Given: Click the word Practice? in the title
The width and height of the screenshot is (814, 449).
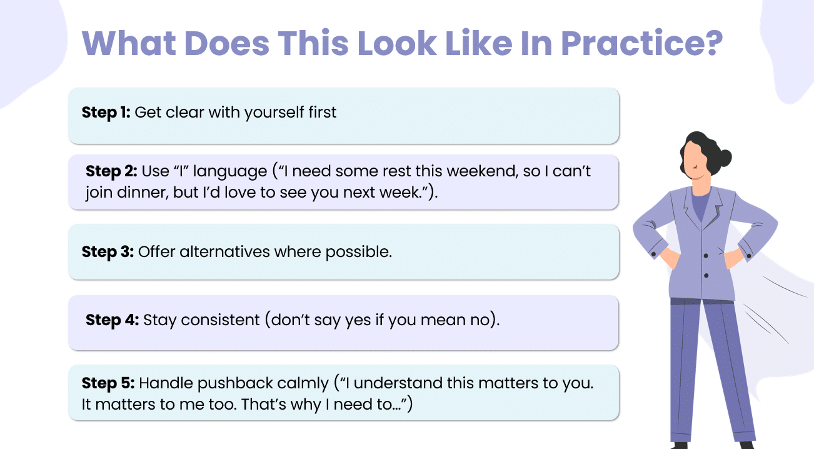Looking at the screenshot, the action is (642, 43).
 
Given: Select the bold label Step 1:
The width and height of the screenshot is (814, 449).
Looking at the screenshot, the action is (106, 113).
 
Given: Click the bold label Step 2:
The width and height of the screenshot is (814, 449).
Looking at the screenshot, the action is (111, 171).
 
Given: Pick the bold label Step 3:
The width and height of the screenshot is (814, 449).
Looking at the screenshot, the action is (108, 251).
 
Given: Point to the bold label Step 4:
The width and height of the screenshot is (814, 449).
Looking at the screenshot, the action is (113, 320).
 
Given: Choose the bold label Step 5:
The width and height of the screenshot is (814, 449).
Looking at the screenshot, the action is (108, 383).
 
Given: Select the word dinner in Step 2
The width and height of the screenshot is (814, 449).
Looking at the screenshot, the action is (143, 193).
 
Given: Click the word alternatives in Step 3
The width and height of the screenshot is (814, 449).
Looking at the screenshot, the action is (224, 251).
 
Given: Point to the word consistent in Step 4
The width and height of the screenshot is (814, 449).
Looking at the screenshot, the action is (220, 320).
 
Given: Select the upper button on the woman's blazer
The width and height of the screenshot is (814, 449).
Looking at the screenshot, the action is (706, 256).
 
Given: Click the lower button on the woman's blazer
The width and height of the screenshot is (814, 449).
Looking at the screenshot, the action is (706, 276).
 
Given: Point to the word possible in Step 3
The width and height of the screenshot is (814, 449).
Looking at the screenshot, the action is (358, 252).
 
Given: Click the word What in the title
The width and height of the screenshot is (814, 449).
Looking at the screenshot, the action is (129, 43).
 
